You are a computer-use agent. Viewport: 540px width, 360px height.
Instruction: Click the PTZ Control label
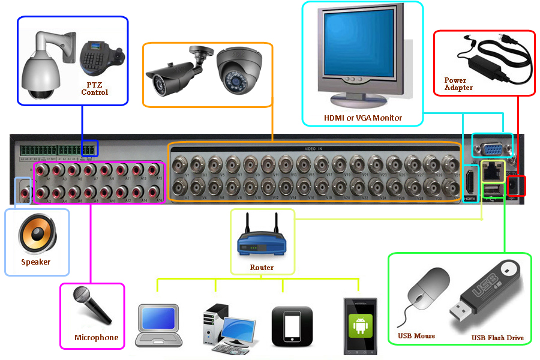coord(94,89)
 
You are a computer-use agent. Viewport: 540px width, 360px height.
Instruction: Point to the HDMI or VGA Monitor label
coord(363,118)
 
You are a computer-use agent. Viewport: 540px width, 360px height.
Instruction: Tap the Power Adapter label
coord(458,83)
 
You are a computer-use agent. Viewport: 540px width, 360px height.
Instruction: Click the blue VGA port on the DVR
coord(493,146)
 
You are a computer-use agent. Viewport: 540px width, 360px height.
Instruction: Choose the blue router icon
coord(262,243)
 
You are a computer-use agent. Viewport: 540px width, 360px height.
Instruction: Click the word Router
coord(262,268)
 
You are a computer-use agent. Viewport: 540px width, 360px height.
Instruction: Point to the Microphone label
coord(96,338)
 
